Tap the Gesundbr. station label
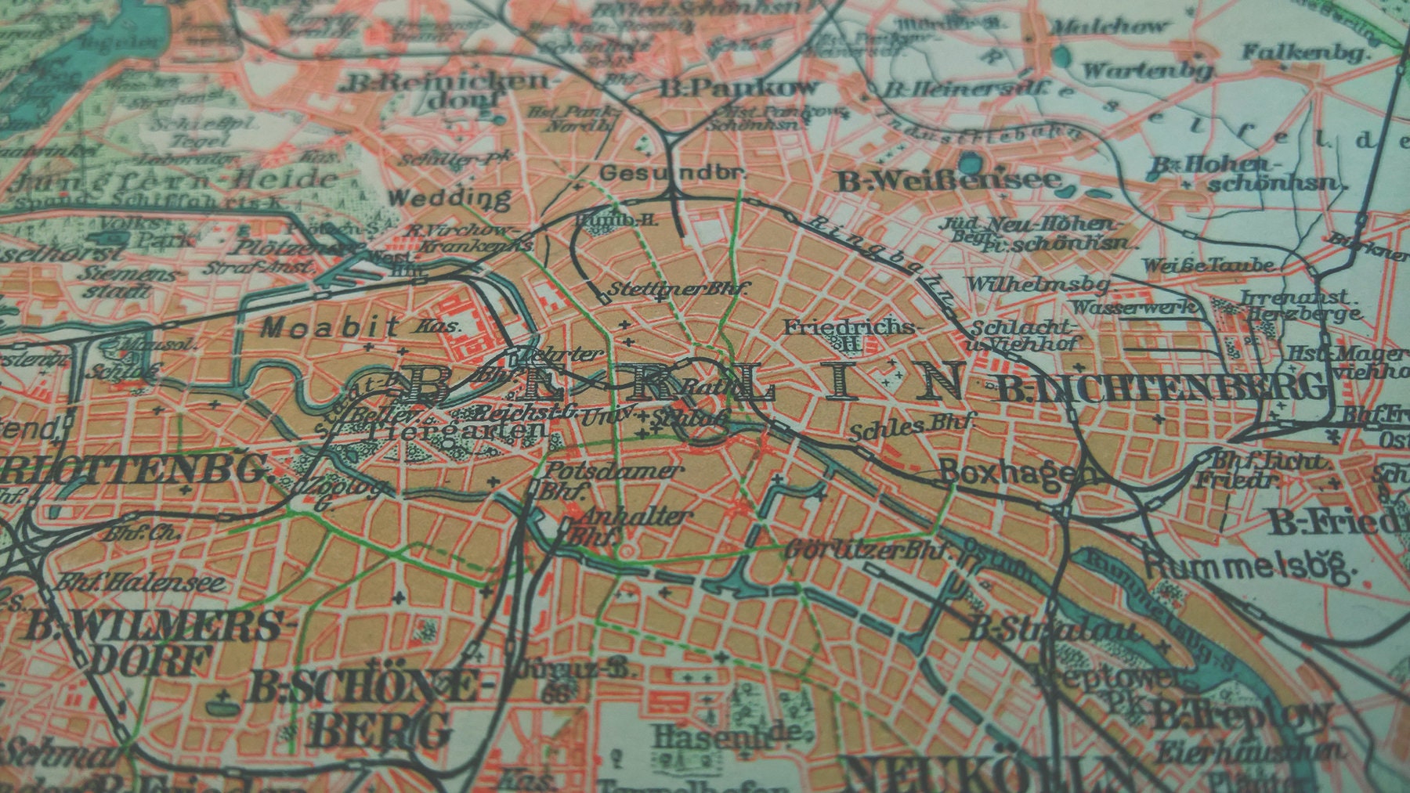pos(671,172)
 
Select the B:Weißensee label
pos(949,182)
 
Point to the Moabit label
pos(330,326)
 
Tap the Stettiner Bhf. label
pos(678,288)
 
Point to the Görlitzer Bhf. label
pos(869,550)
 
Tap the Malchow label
pos(1107,27)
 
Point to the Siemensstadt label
pos(129,282)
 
